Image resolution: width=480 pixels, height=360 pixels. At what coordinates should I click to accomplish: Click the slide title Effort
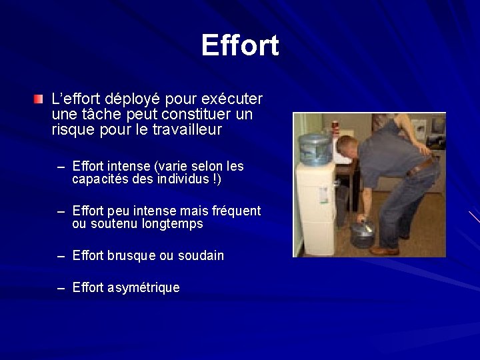(240, 45)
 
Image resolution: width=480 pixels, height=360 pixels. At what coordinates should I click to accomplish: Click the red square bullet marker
(39, 101)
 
